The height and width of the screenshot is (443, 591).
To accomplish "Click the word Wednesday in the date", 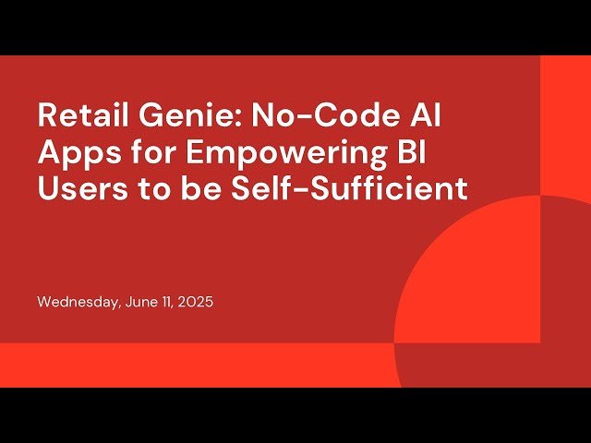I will [x=76, y=302].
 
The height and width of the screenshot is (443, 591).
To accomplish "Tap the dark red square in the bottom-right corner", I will [x=565, y=365].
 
